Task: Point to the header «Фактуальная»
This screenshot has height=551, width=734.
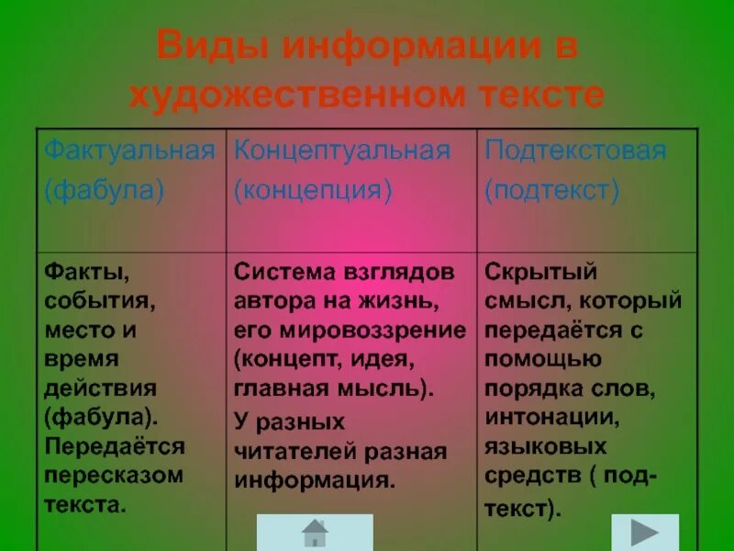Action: (130, 151)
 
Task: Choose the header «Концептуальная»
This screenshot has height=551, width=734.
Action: (342, 151)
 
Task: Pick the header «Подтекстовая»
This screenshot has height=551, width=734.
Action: (575, 151)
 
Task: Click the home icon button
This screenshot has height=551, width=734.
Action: (315, 532)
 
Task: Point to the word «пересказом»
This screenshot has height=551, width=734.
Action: (114, 475)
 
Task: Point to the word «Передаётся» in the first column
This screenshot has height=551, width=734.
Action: (114, 446)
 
